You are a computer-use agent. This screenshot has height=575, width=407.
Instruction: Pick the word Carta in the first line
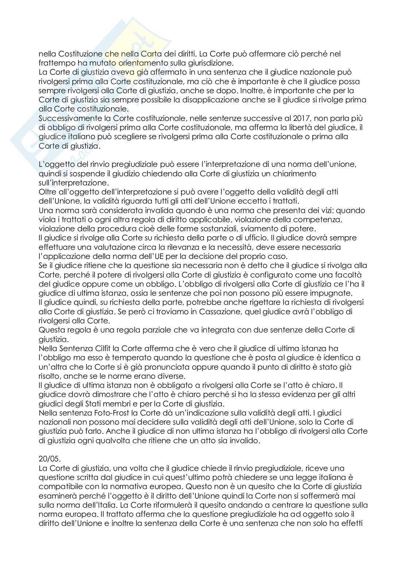[151, 54]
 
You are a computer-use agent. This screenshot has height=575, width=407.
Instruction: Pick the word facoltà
[348, 275]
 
